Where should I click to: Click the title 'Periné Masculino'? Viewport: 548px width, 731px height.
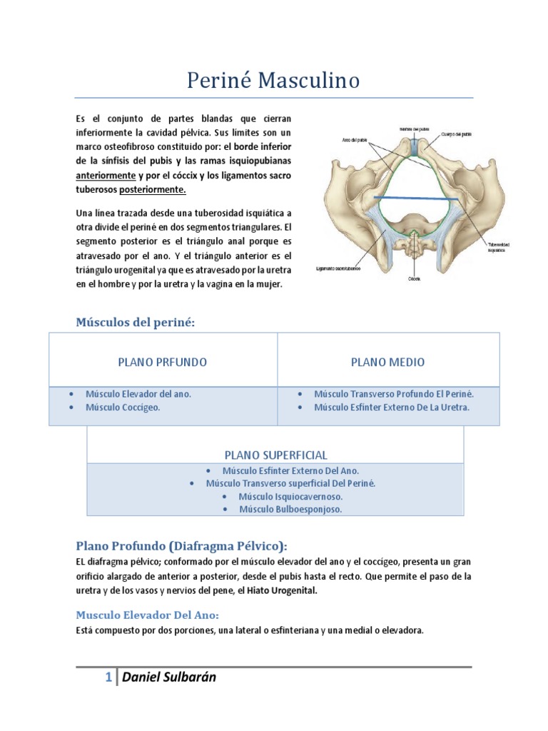[x=273, y=81]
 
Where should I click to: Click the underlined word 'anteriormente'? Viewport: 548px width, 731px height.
[x=106, y=175]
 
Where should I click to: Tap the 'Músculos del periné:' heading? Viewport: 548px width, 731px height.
[x=135, y=323]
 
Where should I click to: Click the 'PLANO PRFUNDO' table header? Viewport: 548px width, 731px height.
[x=162, y=362]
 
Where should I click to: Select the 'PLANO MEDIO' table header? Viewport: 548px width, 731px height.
[x=387, y=362]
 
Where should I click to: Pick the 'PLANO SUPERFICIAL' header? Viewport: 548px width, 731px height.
[x=275, y=455]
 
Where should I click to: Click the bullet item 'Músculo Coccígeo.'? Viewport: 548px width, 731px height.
[x=122, y=407]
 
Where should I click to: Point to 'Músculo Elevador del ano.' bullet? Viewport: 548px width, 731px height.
[x=138, y=393]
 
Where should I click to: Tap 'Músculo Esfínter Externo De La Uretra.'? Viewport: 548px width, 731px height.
[x=392, y=407]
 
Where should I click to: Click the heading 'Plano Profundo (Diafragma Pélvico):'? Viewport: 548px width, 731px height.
[x=181, y=546]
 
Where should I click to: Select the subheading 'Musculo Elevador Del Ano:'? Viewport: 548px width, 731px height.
[x=147, y=615]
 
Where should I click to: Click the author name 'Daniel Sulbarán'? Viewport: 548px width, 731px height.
[x=169, y=677]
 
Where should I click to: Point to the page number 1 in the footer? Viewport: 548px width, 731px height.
[x=108, y=677]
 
